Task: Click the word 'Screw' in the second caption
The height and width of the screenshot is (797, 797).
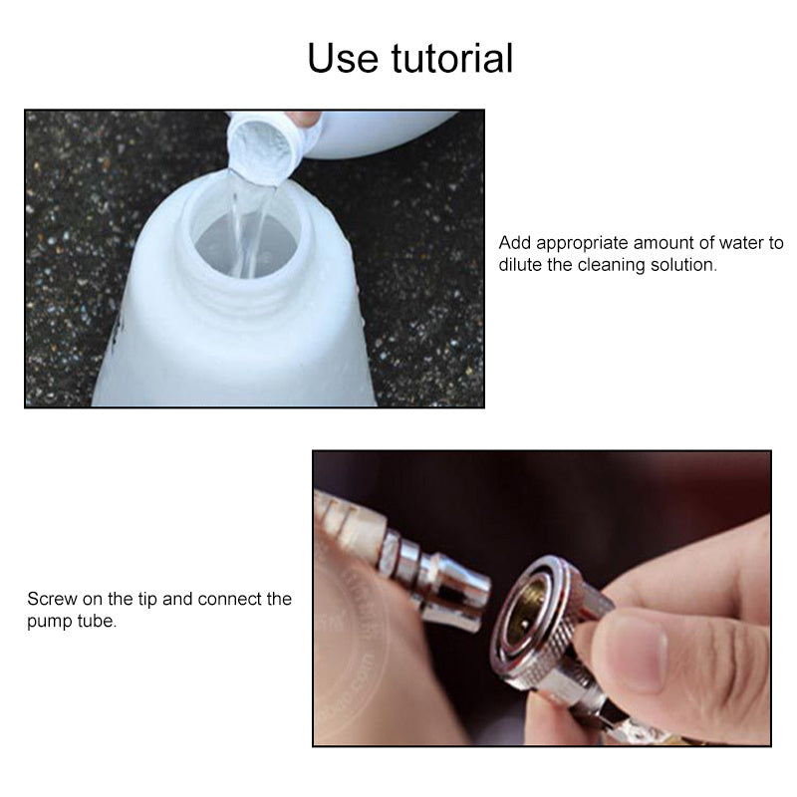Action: [50, 599]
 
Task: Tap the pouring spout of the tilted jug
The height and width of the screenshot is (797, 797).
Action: [261, 149]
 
